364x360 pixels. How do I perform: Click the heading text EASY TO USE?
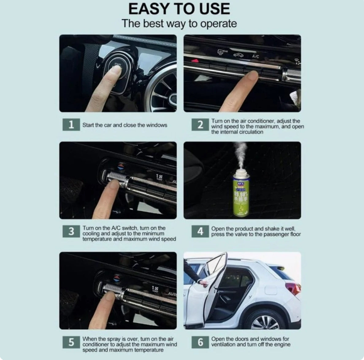[x=179, y=9]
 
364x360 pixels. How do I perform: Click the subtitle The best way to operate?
[x=179, y=24]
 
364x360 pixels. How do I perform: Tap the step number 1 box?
[x=71, y=125]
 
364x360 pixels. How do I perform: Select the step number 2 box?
[x=200, y=125]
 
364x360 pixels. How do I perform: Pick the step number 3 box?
[x=71, y=231]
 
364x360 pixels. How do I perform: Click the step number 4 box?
[x=200, y=231]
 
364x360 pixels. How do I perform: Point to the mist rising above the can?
[x=240, y=155]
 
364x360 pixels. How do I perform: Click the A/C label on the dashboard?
[x=255, y=56]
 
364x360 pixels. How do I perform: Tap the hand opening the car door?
[x=203, y=282]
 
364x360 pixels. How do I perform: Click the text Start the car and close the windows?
[x=125, y=125]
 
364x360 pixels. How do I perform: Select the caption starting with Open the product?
[x=256, y=232]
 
